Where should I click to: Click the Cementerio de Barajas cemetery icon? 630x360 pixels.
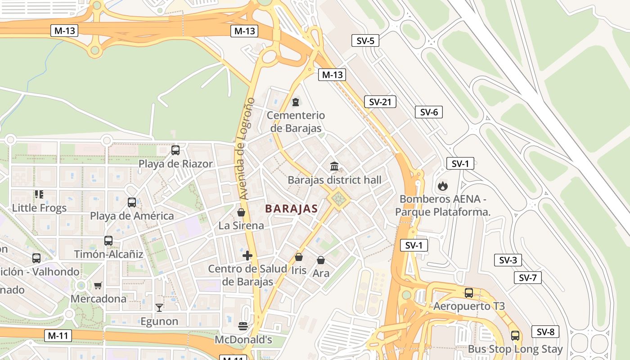click(296, 102)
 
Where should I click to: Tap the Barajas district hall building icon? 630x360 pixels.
click(334, 166)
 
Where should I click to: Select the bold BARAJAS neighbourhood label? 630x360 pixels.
click(291, 209)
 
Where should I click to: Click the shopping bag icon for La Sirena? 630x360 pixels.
click(241, 212)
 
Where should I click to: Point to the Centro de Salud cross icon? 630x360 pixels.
click(247, 256)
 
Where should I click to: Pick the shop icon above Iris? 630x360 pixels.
click(298, 257)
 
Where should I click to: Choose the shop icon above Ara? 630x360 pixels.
click(321, 260)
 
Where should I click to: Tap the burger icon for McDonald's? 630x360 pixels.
click(243, 326)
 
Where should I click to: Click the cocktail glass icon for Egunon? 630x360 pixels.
click(159, 308)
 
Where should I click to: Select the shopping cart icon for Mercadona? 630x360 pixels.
click(98, 285)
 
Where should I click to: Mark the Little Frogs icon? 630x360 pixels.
click(39, 194)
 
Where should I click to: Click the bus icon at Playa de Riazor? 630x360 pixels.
click(175, 150)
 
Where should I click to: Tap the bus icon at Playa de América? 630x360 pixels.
click(132, 202)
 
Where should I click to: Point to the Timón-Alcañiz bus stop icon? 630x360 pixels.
click(108, 241)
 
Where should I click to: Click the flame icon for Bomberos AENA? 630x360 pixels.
click(443, 185)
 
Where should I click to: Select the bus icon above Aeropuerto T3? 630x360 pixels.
click(469, 293)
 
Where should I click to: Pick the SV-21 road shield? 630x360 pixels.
click(380, 102)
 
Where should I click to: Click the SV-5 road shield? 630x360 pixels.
click(365, 40)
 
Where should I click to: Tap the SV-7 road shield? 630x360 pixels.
click(528, 278)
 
